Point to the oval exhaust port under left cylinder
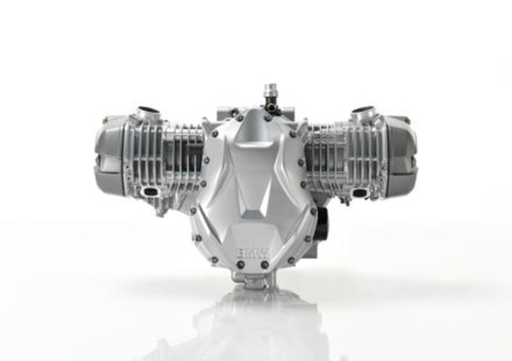click(152, 191)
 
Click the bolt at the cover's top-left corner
click(214, 134)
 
